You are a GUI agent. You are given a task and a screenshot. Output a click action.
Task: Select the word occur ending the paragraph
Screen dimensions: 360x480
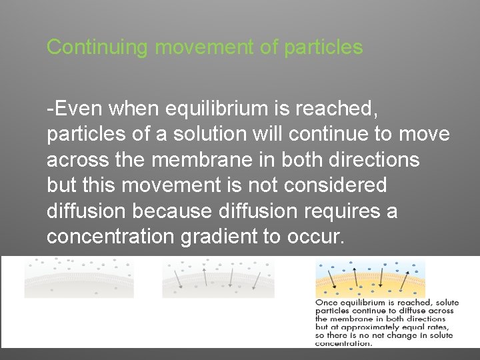point(317,237)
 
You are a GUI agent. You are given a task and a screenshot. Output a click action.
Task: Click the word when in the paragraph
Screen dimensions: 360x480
point(131,107)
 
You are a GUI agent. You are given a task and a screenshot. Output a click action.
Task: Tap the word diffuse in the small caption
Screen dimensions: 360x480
point(407,311)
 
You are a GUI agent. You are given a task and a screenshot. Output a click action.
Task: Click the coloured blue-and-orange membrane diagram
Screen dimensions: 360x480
point(370,278)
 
